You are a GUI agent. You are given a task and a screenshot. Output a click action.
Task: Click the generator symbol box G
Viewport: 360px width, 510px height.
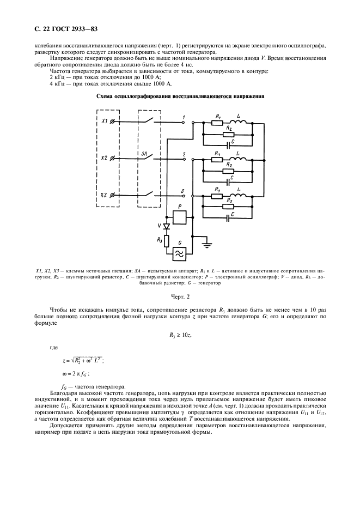point(177,253)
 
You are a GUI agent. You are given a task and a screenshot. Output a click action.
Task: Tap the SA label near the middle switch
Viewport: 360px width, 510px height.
point(144,154)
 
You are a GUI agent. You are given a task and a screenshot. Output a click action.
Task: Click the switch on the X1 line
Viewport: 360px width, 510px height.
point(149,120)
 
